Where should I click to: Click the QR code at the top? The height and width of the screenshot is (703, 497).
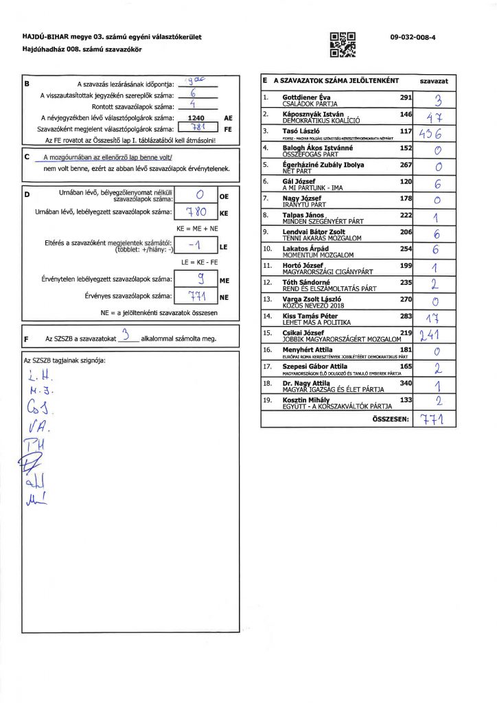point(343,44)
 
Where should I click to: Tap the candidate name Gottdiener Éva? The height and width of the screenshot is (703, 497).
point(306,97)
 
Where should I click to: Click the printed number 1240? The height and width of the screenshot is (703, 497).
point(198,118)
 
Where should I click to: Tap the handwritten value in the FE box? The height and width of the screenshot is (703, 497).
point(196,128)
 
